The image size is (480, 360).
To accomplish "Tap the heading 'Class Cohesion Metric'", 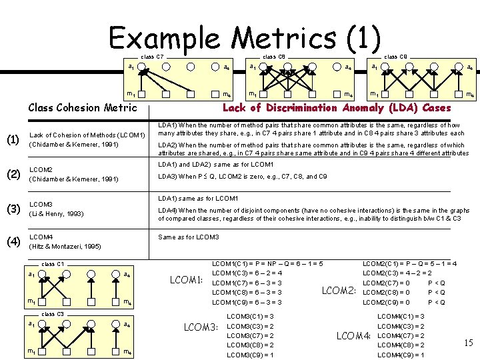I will (x=82, y=107).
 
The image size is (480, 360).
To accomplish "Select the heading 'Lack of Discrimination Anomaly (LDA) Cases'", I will (x=336, y=107).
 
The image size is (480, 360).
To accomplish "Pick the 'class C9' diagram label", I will (x=395, y=57).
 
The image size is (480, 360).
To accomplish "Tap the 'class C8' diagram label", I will (x=273, y=57).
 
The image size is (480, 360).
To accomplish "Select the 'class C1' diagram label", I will (x=53, y=264).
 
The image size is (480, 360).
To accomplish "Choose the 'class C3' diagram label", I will (x=53, y=313).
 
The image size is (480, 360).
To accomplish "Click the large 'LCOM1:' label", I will (x=187, y=279).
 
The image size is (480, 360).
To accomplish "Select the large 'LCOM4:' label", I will (x=353, y=335).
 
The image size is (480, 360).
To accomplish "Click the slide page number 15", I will (x=468, y=343).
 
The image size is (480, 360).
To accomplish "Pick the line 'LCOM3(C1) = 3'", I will (x=250, y=315).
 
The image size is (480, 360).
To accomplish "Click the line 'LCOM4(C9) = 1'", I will (x=401, y=355).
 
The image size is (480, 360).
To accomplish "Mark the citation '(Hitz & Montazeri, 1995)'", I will (x=65, y=247).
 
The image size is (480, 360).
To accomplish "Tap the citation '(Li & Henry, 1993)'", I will (x=57, y=213).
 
